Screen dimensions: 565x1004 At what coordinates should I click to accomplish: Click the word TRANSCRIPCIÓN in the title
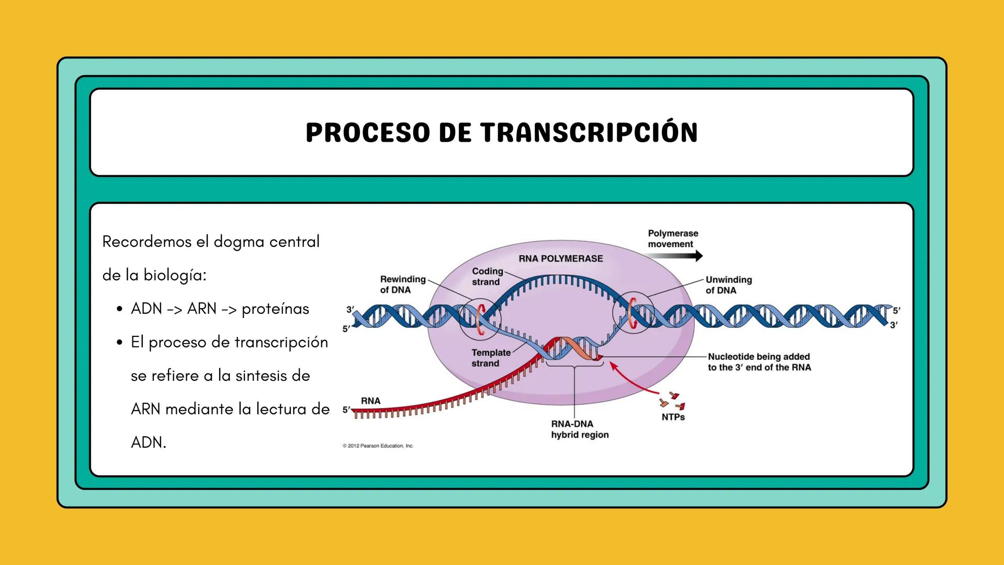(x=589, y=132)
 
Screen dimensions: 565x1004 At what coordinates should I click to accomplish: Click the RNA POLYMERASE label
(x=560, y=258)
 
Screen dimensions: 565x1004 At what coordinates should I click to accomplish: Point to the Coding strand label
(x=487, y=276)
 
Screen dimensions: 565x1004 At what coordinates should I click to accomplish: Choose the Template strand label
(x=491, y=358)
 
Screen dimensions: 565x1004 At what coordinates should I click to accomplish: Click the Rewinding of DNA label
(x=402, y=285)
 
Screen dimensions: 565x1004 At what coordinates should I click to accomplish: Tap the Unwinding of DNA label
(x=728, y=285)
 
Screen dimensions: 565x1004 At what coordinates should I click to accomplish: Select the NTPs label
(x=673, y=417)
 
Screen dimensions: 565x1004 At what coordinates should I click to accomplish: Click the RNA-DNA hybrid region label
(x=580, y=429)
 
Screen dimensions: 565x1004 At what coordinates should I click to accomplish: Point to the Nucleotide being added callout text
(x=759, y=362)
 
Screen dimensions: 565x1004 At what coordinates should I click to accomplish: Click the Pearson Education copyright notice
(x=378, y=446)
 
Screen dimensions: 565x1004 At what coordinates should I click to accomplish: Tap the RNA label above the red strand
(x=370, y=401)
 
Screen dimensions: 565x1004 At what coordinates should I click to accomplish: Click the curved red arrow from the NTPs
(x=630, y=379)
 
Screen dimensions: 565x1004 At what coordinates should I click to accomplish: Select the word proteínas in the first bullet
(x=275, y=309)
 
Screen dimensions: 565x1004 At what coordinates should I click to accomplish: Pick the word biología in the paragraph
(x=175, y=275)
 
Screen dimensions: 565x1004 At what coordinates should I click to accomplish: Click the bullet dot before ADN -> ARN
(x=120, y=309)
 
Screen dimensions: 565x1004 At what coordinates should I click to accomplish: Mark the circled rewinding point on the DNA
(x=480, y=319)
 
